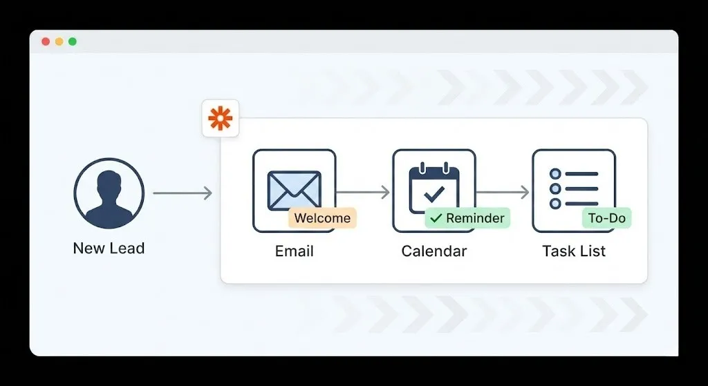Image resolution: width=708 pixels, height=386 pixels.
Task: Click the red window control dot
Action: pos(46,41)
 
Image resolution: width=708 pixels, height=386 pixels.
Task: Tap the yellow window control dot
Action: pos(59,41)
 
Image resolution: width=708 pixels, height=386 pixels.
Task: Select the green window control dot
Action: pos(73,41)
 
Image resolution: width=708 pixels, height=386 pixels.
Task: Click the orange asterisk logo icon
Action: pos(220,119)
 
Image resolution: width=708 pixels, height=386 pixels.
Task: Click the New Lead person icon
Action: pos(109,193)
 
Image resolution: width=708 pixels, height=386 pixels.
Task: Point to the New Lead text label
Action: pos(109,249)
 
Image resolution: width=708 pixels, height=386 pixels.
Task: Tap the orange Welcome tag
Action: pos(322,218)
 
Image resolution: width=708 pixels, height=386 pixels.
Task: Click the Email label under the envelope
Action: pos(295,251)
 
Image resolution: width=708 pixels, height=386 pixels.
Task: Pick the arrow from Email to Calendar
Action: pos(363,193)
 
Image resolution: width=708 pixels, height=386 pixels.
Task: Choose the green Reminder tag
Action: pos(467,218)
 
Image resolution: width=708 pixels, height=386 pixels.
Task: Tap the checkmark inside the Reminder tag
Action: pos(436,218)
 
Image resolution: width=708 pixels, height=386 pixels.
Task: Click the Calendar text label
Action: pos(434,251)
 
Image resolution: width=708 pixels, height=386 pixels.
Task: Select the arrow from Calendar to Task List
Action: pos(503,193)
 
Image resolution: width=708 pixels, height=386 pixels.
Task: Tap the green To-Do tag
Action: pos(606,218)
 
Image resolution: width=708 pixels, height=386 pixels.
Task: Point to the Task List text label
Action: pos(574,251)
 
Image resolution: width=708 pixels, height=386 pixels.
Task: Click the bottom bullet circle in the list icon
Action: pos(555,204)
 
